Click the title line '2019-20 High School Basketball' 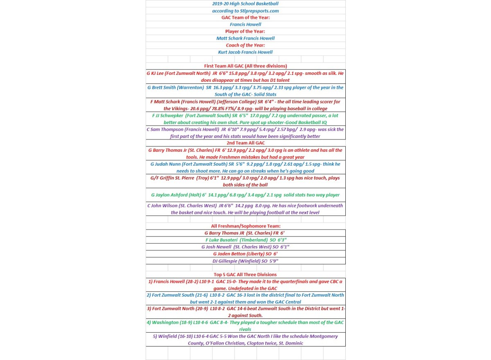tap(245, 4)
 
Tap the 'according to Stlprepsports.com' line tap(245, 11)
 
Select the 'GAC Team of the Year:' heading tap(245, 18)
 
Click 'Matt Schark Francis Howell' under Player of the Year tap(245, 38)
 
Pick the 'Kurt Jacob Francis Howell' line tap(245, 52)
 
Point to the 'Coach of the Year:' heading tap(245, 45)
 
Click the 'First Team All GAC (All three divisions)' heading tap(245, 66)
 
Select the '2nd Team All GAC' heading tap(245, 143)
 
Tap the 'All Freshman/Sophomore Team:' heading tap(245, 226)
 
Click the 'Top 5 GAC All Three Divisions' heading tap(245, 274)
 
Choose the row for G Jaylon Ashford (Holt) tap(245, 195)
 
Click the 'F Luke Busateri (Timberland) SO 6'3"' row tap(245, 240)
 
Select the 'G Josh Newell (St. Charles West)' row tap(245, 247)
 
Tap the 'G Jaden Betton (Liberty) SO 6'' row tap(245, 254)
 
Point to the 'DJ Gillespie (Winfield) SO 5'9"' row tap(245, 261)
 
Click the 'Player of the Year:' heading tap(245, 32)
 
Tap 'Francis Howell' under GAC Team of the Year tap(245, 25)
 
